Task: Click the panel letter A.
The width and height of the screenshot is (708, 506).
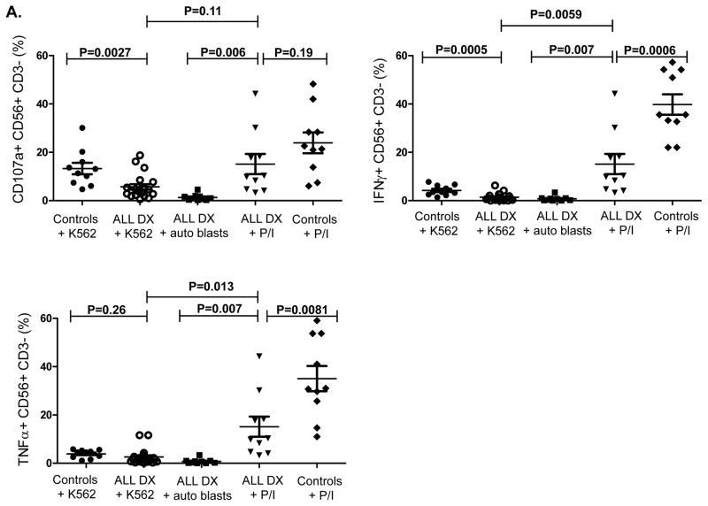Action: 10,9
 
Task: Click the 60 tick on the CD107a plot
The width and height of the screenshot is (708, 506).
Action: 41,56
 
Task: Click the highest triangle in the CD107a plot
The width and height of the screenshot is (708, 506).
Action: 255,93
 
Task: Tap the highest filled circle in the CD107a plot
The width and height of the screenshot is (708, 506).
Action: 83,128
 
